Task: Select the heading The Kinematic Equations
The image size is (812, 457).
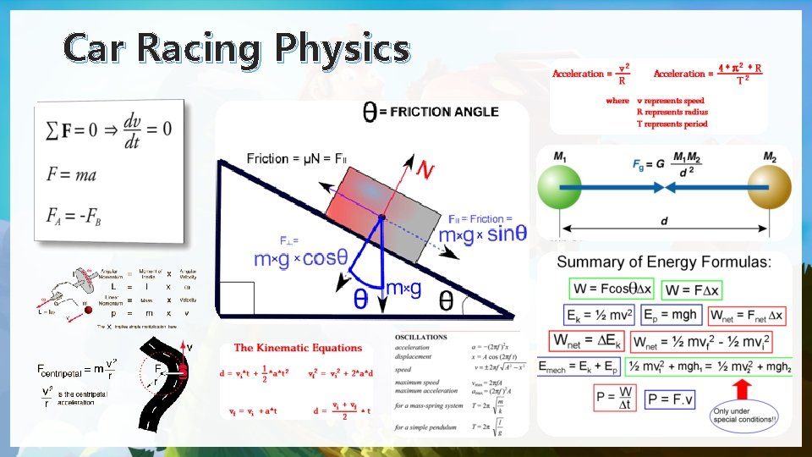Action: (x=298, y=348)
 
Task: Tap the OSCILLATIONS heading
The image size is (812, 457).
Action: (x=420, y=337)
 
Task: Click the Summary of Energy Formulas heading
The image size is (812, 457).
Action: (x=664, y=262)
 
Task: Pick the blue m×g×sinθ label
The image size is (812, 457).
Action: (x=479, y=234)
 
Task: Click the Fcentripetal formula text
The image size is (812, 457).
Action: (x=76, y=369)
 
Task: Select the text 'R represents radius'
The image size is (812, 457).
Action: (x=672, y=112)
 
